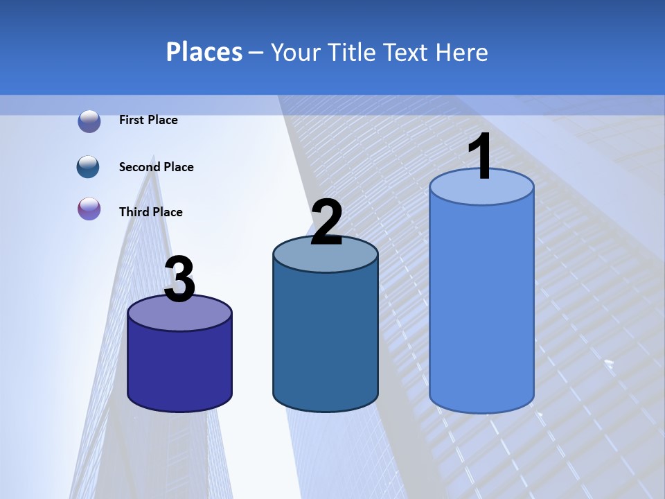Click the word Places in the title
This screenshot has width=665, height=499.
click(x=204, y=52)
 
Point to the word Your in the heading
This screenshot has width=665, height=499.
click(x=296, y=52)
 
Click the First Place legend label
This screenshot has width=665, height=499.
click(x=148, y=120)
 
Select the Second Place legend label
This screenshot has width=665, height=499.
click(x=157, y=167)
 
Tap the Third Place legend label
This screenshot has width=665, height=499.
click(x=151, y=212)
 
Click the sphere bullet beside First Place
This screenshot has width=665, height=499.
click(x=89, y=121)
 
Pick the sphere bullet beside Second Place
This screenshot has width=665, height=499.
click(x=88, y=167)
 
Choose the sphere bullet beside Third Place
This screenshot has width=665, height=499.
click(x=89, y=209)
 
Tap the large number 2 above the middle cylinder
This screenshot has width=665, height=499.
click(x=326, y=222)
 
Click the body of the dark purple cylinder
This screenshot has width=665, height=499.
click(x=179, y=367)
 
